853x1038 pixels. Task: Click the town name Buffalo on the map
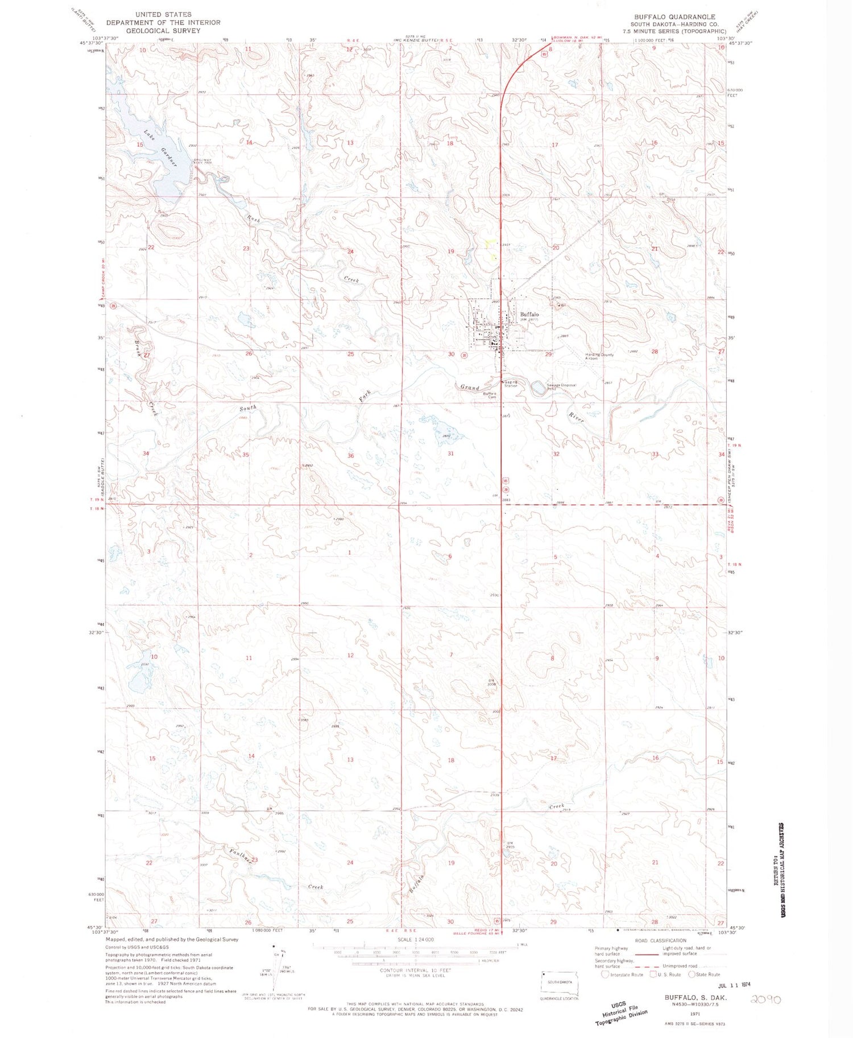529,314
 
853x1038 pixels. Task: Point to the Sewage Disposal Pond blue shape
537,389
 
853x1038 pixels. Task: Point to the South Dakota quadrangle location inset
559,983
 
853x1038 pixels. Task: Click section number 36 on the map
350,455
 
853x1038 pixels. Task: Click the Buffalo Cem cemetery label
490,394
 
